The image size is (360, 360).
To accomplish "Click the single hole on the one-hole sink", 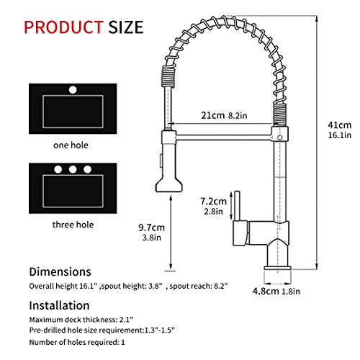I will point(72,91).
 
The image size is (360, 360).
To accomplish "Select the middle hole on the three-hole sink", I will point(72,170).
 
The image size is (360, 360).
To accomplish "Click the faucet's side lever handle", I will point(233,205).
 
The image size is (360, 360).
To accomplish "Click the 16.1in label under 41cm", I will point(338,135).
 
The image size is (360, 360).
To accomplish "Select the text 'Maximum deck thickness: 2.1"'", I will point(77,318).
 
